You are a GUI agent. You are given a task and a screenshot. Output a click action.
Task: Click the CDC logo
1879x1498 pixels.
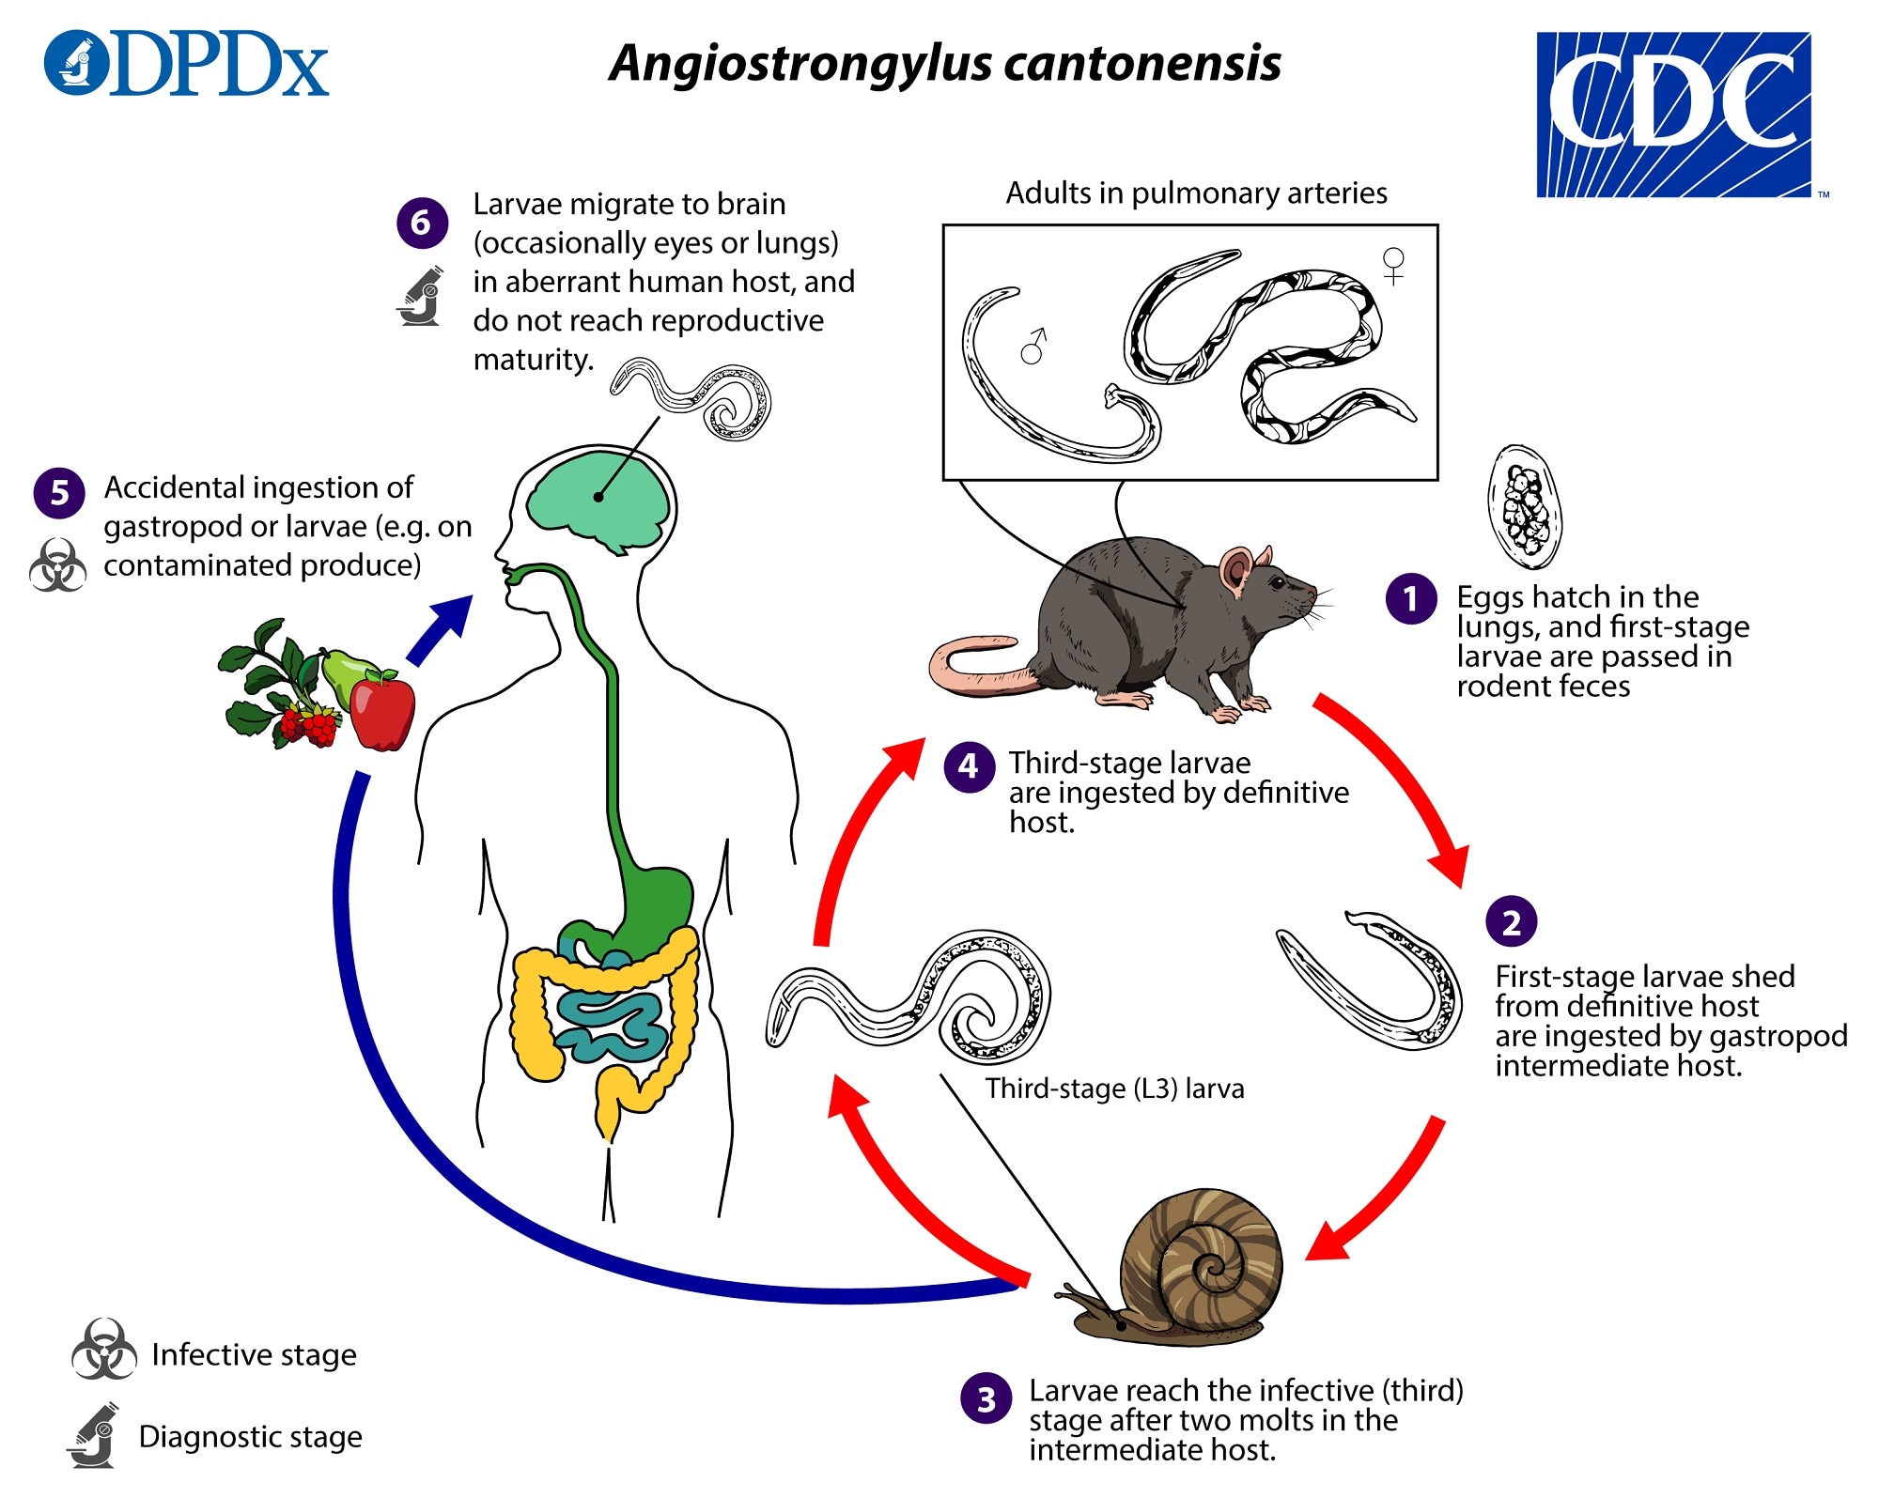pos(1674,115)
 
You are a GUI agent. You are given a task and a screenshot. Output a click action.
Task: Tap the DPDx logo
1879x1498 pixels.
pos(186,63)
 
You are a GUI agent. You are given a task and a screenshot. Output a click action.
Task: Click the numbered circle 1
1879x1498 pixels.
pos(1411,598)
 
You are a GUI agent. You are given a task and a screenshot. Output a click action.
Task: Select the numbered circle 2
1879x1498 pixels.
pos(1512,921)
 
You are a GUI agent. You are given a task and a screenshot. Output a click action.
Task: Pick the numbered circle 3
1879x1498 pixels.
pos(986,1398)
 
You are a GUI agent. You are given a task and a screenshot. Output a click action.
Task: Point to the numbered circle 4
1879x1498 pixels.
pos(970,766)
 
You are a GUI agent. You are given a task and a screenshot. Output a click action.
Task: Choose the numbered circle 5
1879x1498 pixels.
pos(59,492)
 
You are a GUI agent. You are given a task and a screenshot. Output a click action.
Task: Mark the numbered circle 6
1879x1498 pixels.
pos(422,223)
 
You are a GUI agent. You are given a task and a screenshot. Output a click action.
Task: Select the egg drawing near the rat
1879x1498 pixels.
pos(1524,506)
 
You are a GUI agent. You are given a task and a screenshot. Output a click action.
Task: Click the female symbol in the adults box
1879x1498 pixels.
pos(1393,265)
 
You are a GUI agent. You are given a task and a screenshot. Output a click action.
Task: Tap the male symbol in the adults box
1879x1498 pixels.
pos(1033,346)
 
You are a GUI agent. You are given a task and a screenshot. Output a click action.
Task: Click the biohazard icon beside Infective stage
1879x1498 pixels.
pos(103,1350)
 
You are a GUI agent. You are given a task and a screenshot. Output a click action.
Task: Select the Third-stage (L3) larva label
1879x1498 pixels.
pos(1115,1089)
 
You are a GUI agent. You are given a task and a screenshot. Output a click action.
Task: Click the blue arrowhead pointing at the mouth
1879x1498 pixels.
pos(449,620)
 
